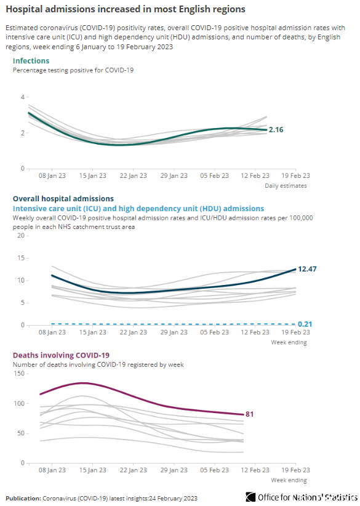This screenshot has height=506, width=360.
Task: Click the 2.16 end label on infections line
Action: (x=276, y=130)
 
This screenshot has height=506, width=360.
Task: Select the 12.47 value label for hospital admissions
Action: (x=307, y=269)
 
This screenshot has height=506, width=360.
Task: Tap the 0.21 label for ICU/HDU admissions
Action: (x=305, y=324)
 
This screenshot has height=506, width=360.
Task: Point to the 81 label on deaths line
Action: (x=249, y=414)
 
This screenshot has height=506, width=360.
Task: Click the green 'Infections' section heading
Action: (x=31, y=61)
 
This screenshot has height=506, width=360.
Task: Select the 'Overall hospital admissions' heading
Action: (x=63, y=199)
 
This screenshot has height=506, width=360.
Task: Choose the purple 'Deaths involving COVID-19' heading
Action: (x=61, y=355)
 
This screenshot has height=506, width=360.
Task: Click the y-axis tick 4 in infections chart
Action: (x=23, y=97)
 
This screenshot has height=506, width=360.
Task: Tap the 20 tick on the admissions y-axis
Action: (x=21, y=236)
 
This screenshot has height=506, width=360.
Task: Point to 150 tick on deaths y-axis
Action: (x=19, y=374)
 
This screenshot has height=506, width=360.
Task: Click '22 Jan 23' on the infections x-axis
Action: (x=133, y=175)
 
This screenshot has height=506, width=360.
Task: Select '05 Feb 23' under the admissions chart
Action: (x=215, y=332)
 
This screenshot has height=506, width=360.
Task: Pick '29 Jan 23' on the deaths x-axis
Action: (x=174, y=470)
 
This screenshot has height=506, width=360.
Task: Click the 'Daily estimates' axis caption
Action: (x=286, y=185)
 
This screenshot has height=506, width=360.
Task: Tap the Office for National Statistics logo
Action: (x=302, y=497)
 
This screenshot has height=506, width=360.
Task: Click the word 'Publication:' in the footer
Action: (x=23, y=498)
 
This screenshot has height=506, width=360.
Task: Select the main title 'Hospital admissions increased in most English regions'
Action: (x=126, y=9)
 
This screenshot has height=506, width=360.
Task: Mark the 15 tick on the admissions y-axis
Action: (x=21, y=258)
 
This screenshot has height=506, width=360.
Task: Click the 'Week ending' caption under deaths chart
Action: (x=289, y=480)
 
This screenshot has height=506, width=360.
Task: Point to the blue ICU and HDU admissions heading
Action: (x=138, y=209)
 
